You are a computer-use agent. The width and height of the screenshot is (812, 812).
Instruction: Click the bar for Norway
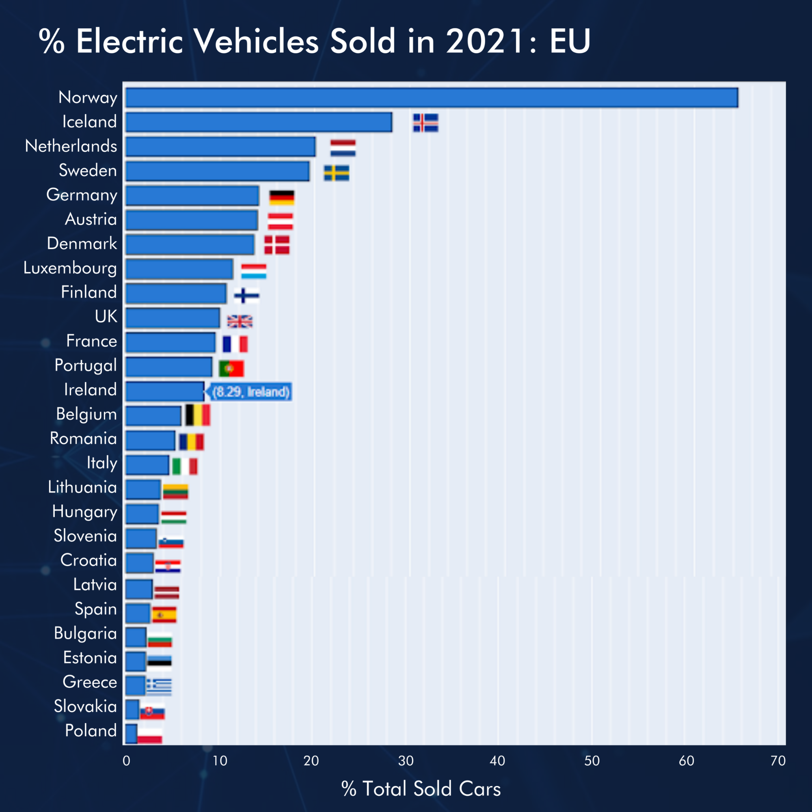(x=432, y=97)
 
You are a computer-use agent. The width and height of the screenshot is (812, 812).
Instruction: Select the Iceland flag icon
(x=425, y=122)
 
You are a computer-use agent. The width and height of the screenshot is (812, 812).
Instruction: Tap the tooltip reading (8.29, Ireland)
(x=251, y=392)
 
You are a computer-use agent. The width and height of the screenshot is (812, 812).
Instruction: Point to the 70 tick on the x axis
(x=778, y=760)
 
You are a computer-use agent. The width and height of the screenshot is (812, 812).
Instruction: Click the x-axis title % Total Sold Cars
(x=421, y=788)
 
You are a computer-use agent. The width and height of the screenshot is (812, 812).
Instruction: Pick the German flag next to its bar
(x=282, y=197)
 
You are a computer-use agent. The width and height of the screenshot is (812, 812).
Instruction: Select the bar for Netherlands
(x=220, y=147)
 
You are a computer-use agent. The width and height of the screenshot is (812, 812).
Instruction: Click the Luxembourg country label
(x=70, y=268)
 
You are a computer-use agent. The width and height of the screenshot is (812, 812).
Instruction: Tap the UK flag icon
(x=240, y=321)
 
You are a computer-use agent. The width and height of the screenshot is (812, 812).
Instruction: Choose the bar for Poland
(x=131, y=733)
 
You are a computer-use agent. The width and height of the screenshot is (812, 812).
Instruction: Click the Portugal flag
(x=231, y=369)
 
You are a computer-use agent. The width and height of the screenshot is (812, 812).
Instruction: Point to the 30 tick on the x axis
(x=406, y=760)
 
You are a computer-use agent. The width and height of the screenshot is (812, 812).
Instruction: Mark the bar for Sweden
(x=217, y=171)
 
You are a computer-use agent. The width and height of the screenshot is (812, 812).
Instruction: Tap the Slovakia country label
(x=85, y=706)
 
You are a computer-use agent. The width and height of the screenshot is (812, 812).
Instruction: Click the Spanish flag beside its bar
(x=164, y=614)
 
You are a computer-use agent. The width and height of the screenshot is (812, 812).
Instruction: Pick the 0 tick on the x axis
(x=126, y=760)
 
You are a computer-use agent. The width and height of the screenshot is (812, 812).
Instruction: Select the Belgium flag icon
(x=198, y=415)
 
